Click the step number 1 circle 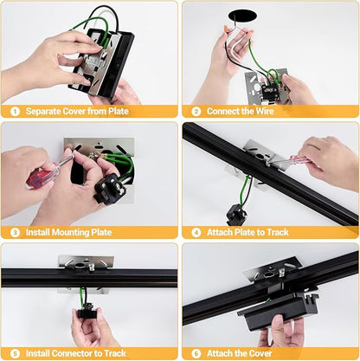[15, 112]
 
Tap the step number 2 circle [196, 112]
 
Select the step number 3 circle [15, 232]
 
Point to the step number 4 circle [196, 232]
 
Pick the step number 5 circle [15, 353]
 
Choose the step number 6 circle [196, 353]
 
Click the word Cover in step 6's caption [260, 353]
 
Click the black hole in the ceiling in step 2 [243, 16]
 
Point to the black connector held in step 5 [87, 312]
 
